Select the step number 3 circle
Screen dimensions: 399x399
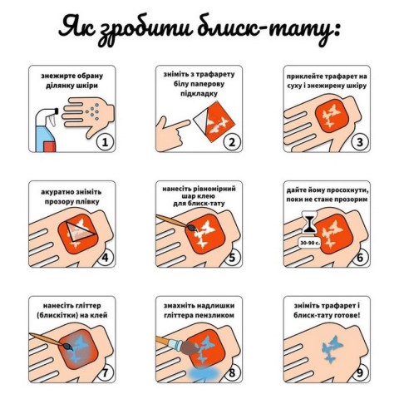point(360,140)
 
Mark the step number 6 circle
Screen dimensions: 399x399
point(360,256)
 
